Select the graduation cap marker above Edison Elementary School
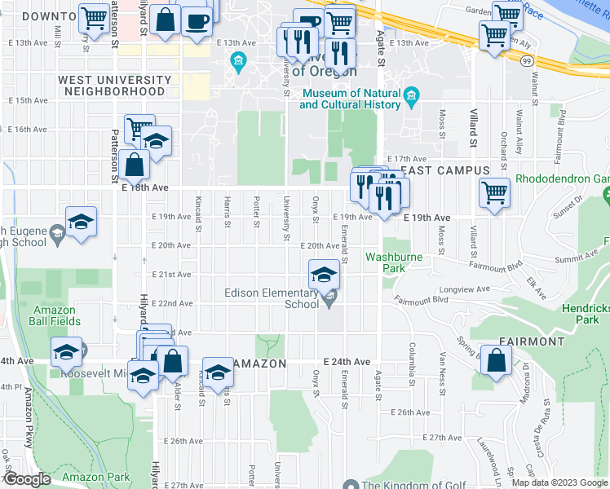pyautogui.click(x=324, y=274)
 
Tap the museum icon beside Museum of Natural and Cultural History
pyautogui.click(x=412, y=98)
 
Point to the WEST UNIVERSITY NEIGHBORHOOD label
pyautogui.click(x=114, y=86)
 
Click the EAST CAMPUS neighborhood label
pyautogui.click(x=444, y=170)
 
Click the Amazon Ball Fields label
pyautogui.click(x=55, y=315)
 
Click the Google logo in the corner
pyautogui.click(x=27, y=479)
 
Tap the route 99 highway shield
pyautogui.click(x=528, y=62)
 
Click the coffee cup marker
pyautogui.click(x=196, y=22)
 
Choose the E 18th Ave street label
pyautogui.click(x=144, y=187)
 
